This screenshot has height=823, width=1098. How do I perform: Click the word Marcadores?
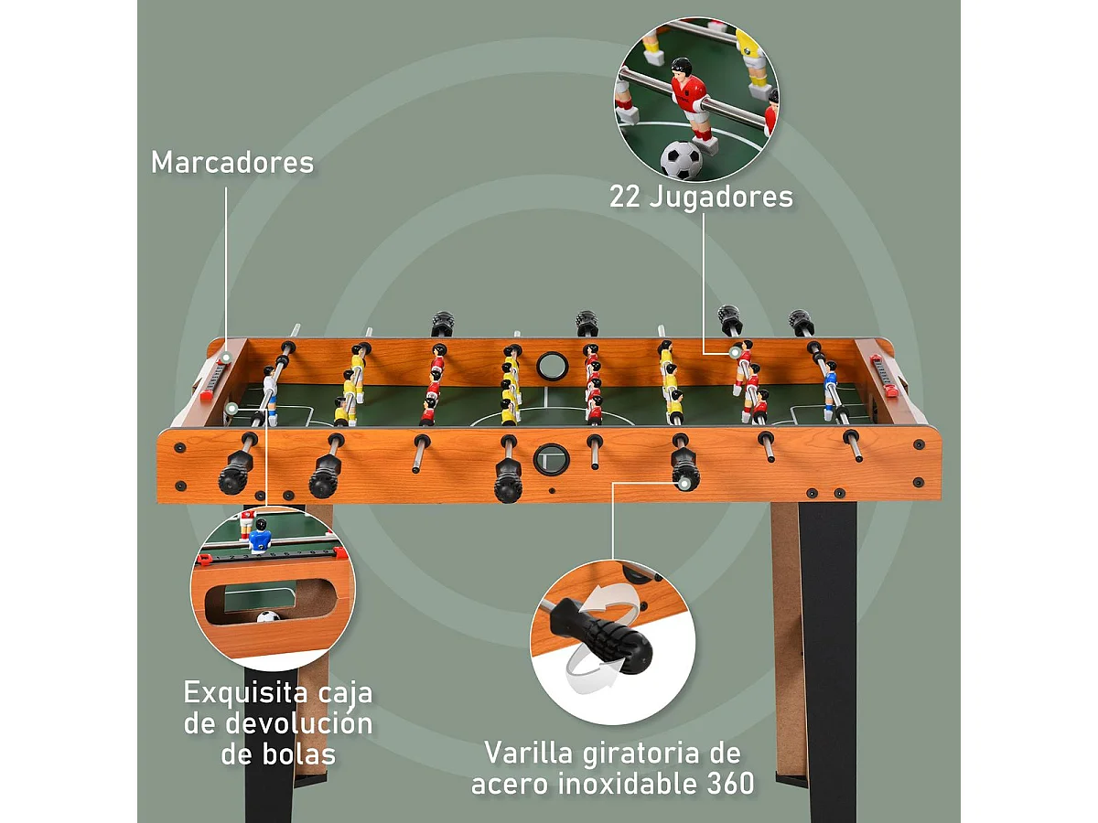pyautogui.click(x=232, y=162)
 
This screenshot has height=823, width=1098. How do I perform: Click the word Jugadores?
pyautogui.click(x=722, y=197)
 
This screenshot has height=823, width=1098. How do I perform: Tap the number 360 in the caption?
pyautogui.click(x=729, y=784)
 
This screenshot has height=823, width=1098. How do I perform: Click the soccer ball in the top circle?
pyautogui.click(x=682, y=159)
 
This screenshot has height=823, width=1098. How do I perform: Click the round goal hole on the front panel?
pyautogui.click(x=551, y=458)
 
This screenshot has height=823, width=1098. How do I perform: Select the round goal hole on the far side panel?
pyautogui.click(x=552, y=366)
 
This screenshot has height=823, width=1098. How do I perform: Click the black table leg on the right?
pyautogui.click(x=827, y=640)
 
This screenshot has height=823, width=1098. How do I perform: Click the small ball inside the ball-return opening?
pyautogui.click(x=268, y=617)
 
